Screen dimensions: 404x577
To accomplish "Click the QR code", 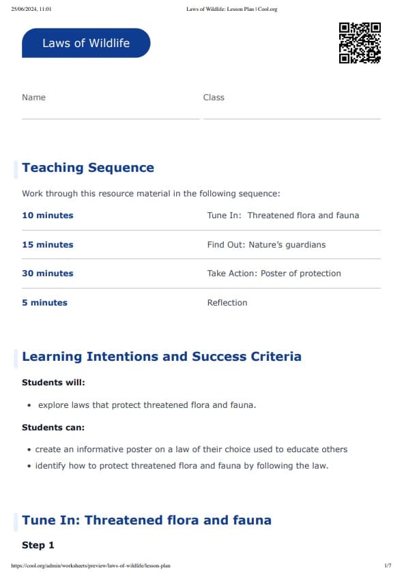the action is click(x=360, y=43).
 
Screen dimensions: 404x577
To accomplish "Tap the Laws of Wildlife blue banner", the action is click(x=86, y=43).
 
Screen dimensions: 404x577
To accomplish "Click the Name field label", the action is click(x=33, y=98).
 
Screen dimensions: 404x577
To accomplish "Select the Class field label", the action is click(x=214, y=98).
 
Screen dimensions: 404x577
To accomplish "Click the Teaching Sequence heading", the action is click(x=88, y=168).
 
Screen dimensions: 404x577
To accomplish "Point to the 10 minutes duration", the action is click(x=47, y=216).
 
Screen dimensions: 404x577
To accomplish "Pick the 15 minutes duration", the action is click(x=47, y=245).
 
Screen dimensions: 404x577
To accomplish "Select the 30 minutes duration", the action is click(x=47, y=273).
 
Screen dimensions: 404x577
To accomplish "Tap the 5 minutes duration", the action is click(x=44, y=303).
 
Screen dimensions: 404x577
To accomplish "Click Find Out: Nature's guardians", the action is click(x=266, y=245).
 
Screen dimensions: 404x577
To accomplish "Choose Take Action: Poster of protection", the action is click(x=274, y=273).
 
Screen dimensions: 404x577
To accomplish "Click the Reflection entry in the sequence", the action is click(x=227, y=303).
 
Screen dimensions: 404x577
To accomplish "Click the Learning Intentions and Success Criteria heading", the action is click(x=162, y=357).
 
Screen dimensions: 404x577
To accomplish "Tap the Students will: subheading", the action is click(x=53, y=383).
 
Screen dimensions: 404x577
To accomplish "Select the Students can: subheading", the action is click(x=53, y=428).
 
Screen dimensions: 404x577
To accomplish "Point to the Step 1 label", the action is click(x=38, y=546).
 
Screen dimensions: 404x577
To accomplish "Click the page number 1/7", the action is click(x=388, y=566).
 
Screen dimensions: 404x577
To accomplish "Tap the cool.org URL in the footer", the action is click(x=91, y=566).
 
